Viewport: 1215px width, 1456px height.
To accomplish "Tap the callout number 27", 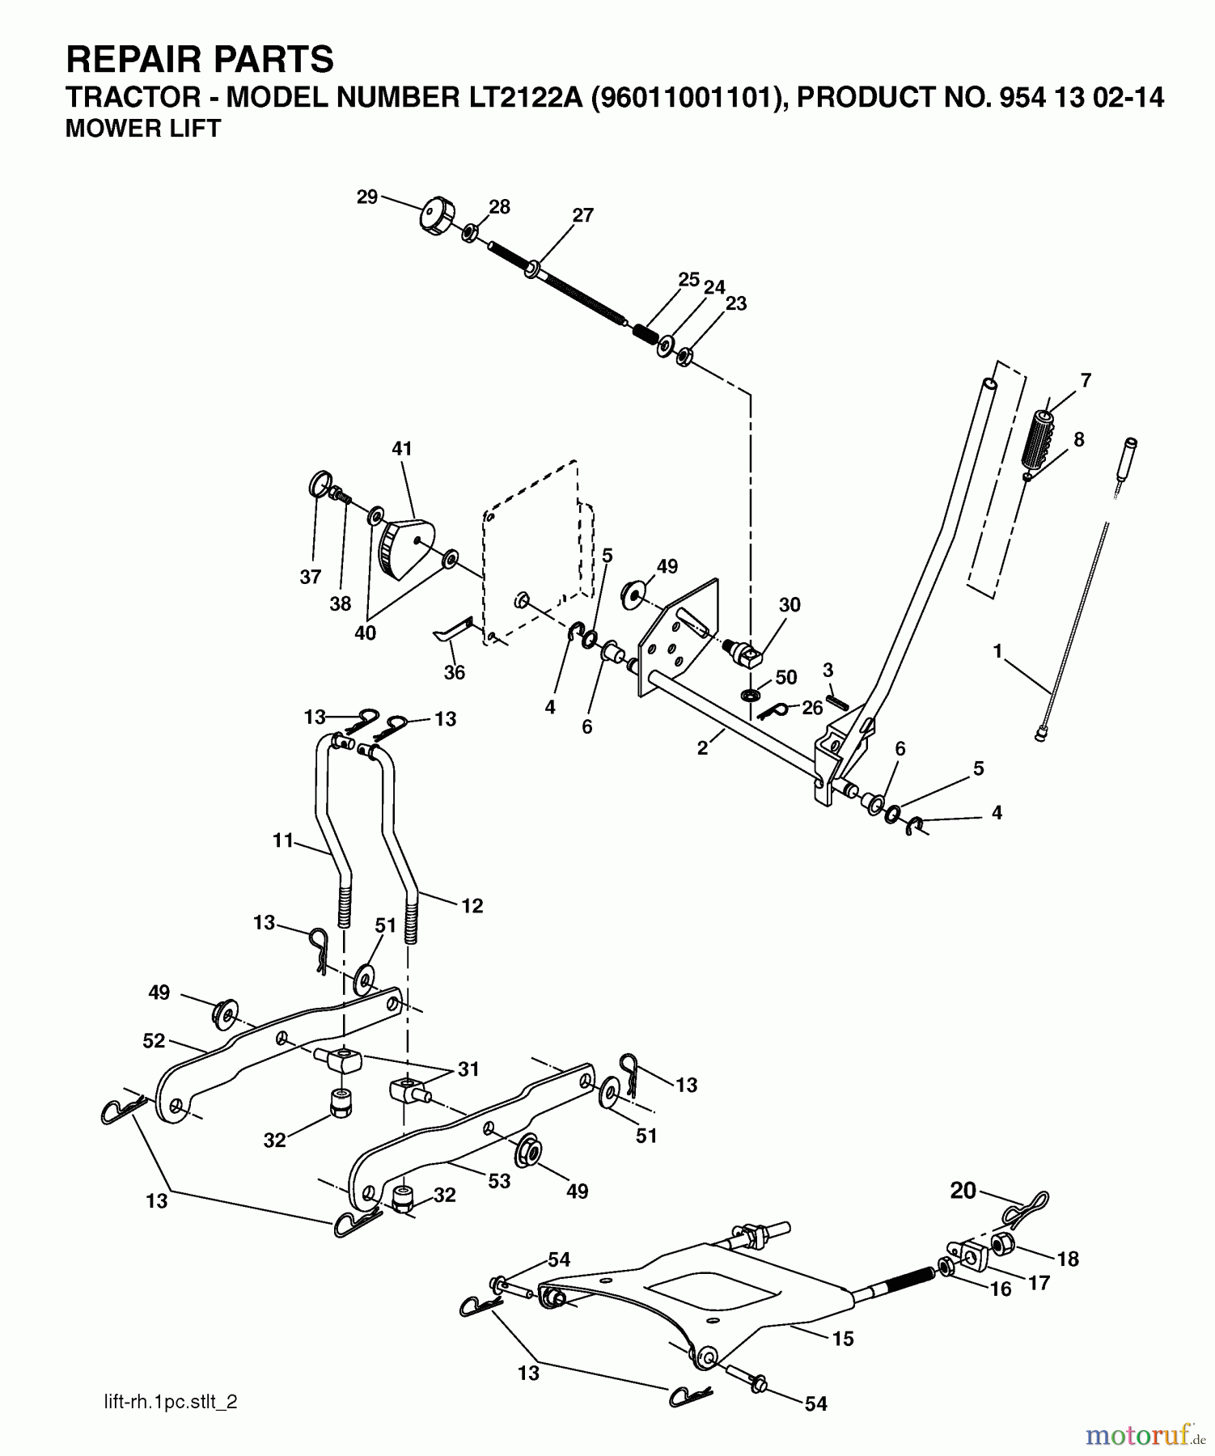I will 582,216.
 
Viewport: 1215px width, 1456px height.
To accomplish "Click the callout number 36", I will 455,672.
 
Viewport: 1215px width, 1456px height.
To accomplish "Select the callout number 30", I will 790,605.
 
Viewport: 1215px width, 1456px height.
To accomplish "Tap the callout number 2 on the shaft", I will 702,749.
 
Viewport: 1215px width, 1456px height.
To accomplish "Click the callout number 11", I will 282,840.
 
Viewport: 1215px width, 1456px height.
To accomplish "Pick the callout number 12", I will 472,906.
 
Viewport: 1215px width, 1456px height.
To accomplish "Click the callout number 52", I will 154,1041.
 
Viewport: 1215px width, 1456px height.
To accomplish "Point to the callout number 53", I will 499,1181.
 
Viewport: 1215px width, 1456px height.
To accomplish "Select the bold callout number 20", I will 963,1191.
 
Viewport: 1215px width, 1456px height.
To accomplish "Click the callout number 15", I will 843,1339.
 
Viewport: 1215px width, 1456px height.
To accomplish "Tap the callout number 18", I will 1068,1259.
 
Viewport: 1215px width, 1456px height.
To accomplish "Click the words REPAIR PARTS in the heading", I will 199,60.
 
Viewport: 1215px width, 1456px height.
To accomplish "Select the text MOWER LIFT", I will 142,129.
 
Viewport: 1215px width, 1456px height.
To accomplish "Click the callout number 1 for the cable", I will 997,651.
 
